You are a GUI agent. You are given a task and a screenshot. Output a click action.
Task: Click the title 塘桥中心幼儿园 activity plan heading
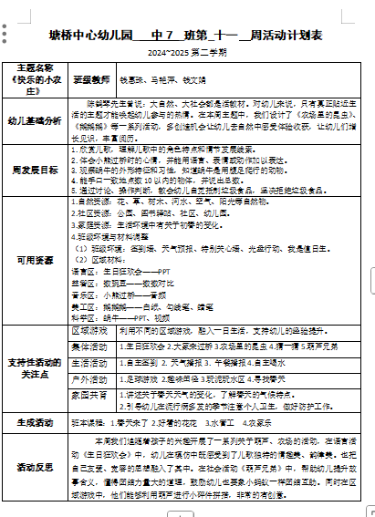187,36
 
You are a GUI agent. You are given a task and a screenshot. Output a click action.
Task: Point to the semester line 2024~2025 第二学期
187,52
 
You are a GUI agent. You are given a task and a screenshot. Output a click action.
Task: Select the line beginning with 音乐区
119,295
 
